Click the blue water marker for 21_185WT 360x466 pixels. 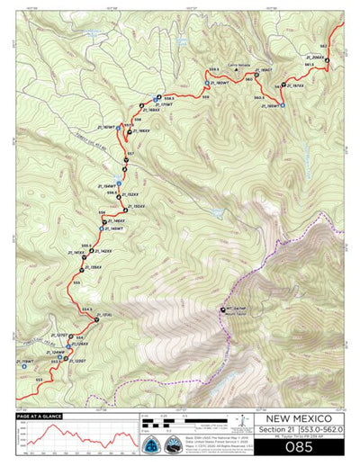282,105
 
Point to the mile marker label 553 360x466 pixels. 39,379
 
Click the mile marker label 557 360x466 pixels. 130,155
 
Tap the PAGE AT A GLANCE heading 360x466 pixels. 42,417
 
